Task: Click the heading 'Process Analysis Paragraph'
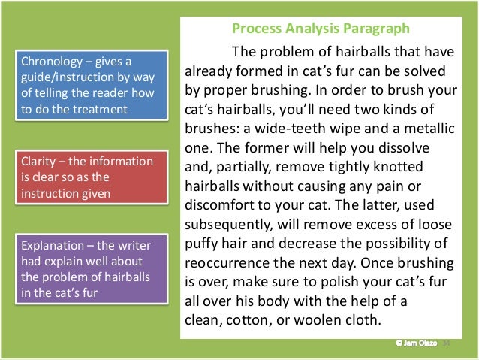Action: pyautogui.click(x=321, y=29)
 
